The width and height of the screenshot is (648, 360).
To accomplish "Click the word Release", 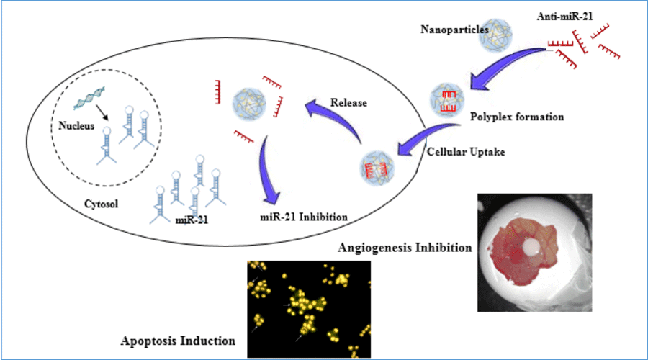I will tap(349, 103).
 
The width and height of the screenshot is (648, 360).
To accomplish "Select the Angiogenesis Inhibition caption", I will tap(404, 248).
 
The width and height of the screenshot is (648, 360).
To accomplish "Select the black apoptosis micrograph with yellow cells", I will tap(309, 309).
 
